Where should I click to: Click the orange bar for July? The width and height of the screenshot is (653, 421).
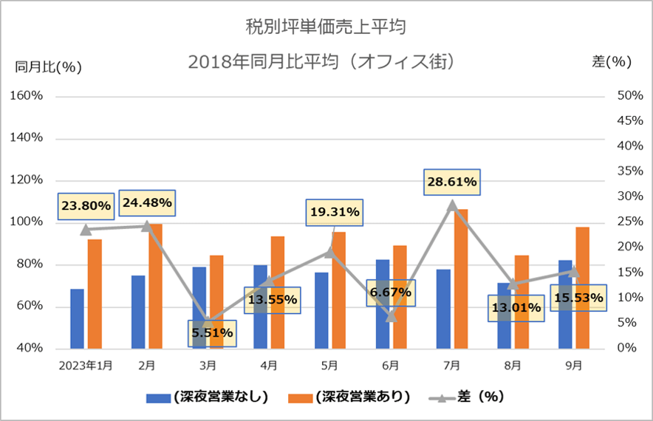(x=461, y=278)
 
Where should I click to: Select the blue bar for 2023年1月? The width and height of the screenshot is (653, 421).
(x=77, y=318)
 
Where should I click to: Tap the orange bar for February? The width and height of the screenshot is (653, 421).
(x=155, y=286)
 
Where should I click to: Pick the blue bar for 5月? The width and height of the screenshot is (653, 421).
(x=321, y=310)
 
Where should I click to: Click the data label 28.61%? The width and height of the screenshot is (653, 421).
(x=452, y=182)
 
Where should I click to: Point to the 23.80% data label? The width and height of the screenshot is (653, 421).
(x=86, y=206)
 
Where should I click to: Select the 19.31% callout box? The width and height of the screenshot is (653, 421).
(x=335, y=213)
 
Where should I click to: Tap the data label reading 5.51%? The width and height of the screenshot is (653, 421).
(x=212, y=333)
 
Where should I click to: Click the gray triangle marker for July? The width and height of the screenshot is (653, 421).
(x=452, y=205)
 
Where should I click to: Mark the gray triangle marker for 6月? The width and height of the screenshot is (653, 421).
(x=391, y=316)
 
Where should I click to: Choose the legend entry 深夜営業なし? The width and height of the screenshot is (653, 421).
(x=207, y=397)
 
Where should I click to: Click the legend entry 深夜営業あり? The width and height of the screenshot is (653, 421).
(x=349, y=397)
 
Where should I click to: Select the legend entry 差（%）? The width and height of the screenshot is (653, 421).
(x=466, y=397)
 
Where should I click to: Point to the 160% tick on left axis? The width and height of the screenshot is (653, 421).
(x=27, y=96)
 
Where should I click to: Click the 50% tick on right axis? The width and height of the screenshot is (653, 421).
(x=630, y=96)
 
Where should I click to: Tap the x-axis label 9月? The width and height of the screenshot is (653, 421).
(x=573, y=366)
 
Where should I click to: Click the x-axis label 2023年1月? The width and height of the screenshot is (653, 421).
(x=86, y=366)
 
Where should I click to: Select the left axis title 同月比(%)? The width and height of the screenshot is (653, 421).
(x=48, y=67)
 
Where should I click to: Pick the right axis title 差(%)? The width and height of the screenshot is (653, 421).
(x=612, y=62)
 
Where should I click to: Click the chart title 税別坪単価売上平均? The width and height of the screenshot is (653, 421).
(x=326, y=27)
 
